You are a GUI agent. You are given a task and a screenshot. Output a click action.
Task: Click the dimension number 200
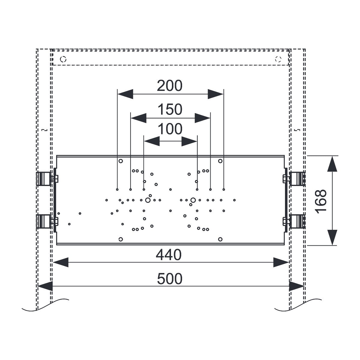click(169, 86)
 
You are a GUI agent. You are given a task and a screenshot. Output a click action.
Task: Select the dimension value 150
click(170, 109)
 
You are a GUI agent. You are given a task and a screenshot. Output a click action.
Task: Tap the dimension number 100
click(170, 129)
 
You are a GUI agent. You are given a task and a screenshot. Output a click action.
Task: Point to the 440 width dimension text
click(169, 255)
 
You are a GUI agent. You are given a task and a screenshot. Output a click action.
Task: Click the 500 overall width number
click(169, 279)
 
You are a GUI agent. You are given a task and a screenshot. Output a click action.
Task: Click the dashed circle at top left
click(63, 59)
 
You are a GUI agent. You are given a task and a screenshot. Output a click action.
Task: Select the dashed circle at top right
click(278, 59)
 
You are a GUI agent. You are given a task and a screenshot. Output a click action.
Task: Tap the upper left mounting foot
click(43, 178)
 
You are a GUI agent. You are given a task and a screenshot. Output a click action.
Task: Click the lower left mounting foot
click(43, 221)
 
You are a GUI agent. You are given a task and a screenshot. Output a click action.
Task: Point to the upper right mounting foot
click(297, 178)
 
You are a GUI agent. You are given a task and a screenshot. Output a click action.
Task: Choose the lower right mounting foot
click(297, 221)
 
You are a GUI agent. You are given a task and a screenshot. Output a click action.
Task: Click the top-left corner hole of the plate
click(121, 161)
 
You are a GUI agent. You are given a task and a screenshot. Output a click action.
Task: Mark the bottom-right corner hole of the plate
click(220, 239)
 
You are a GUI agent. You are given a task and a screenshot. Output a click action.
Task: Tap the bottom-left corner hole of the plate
click(121, 239)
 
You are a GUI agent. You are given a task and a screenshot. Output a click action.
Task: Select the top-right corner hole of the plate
click(220, 161)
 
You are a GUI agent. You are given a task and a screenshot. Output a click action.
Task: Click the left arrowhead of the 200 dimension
click(125, 94)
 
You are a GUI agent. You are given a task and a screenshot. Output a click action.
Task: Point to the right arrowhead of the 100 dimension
click(189, 141)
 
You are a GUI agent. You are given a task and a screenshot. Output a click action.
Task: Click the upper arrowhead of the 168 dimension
click(332, 164)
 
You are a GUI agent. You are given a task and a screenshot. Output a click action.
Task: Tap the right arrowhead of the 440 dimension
click(281, 262)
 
